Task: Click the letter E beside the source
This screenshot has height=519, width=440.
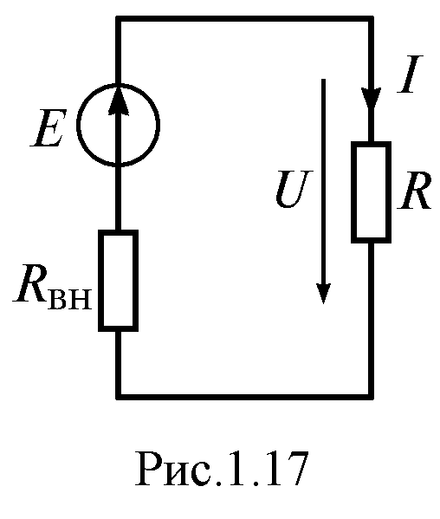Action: [49, 128]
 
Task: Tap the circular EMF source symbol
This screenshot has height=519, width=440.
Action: [79, 124]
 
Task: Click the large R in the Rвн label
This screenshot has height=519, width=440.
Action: [30, 282]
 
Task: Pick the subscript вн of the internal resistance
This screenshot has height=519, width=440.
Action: [69, 300]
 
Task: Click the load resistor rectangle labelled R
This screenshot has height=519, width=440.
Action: [353, 192]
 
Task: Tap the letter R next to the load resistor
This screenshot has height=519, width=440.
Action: [415, 191]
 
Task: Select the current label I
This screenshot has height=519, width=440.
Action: [411, 75]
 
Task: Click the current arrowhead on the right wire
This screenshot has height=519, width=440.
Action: [372, 99]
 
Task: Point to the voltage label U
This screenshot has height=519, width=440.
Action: [294, 190]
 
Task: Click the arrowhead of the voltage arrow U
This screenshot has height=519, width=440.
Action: [323, 294]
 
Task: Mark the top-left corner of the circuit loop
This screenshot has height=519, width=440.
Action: [118, 19]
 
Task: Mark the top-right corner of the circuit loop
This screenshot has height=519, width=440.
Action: [372, 19]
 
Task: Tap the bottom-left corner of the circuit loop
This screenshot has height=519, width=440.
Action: [118, 397]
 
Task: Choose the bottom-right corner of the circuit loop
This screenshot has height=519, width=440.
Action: [372, 397]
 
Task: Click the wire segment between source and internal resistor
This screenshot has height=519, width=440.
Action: [118, 198]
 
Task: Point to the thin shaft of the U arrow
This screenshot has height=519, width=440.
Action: [323, 181]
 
